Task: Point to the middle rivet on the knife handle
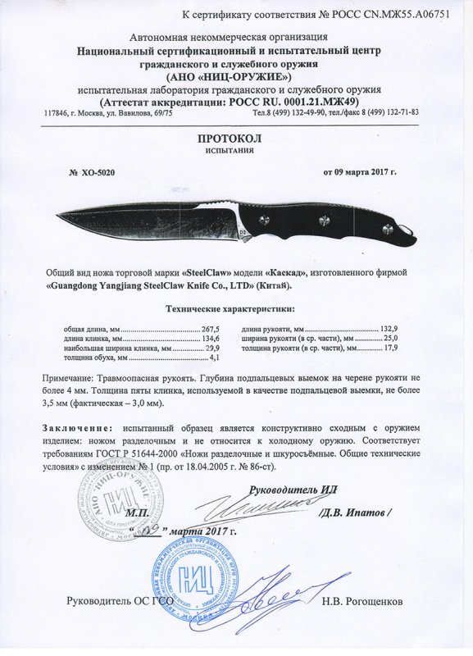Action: (x=322, y=217)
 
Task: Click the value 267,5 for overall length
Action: (x=211, y=329)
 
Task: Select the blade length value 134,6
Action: (x=211, y=339)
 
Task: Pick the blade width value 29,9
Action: (x=211, y=348)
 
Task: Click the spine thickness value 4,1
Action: (x=216, y=358)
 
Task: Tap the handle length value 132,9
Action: (x=397, y=329)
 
